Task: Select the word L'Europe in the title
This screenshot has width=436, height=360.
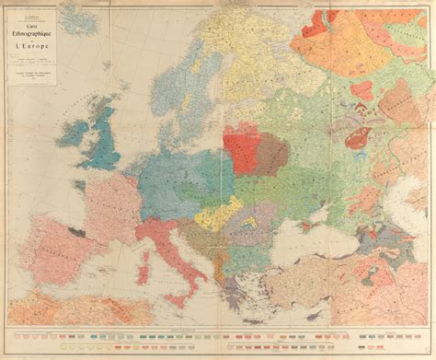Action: coord(83,42)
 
